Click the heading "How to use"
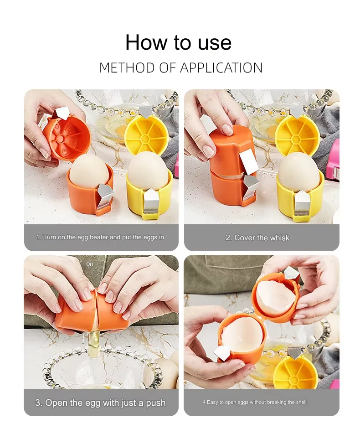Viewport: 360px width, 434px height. point(179,42)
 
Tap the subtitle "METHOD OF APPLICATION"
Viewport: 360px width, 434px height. point(181,68)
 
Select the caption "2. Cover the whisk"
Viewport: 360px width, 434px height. point(257,238)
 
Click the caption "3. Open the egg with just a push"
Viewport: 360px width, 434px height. point(100,403)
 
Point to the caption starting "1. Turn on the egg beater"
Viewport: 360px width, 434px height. point(100,237)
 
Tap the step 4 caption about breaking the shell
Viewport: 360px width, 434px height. point(255,402)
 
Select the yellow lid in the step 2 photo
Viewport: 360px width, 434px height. point(297,135)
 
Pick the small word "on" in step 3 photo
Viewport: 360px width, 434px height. point(90,264)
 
